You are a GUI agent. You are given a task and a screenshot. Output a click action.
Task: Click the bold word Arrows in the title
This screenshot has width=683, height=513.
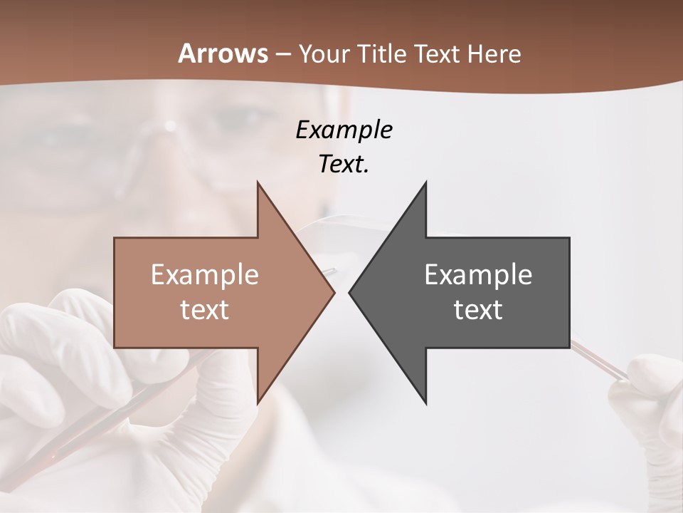[x=223, y=53]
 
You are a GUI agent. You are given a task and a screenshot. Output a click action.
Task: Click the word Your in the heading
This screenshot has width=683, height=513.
[x=325, y=54]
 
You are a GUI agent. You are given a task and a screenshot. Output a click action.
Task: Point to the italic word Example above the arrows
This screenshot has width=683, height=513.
[x=344, y=130]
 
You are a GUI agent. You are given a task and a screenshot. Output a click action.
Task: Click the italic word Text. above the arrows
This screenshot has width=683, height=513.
[x=344, y=164]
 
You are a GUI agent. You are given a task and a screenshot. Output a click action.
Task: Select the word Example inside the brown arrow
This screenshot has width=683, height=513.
[x=205, y=274]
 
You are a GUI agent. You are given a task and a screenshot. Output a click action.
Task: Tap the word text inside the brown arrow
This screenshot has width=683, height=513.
[x=205, y=310]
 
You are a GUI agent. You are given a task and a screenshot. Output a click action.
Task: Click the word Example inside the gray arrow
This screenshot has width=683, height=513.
[x=478, y=274]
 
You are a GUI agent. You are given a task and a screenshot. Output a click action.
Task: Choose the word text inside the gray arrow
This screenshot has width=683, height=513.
[x=478, y=310]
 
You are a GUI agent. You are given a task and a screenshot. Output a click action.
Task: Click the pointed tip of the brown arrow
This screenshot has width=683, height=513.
[x=334, y=292]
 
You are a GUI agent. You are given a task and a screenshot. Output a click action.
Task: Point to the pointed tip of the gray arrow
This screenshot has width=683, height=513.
[x=349, y=292]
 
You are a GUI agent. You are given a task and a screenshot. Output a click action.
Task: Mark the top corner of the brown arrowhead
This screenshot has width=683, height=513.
[x=258, y=182]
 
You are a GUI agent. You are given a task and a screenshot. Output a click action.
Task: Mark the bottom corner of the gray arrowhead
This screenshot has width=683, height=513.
[x=426, y=403]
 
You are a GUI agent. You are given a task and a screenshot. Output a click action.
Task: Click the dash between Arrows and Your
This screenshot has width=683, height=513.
[x=282, y=54]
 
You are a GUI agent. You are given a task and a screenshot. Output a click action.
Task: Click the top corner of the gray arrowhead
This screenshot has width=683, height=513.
[x=426, y=182]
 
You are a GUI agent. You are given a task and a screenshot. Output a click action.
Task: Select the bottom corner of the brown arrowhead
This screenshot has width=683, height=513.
[x=258, y=403]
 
